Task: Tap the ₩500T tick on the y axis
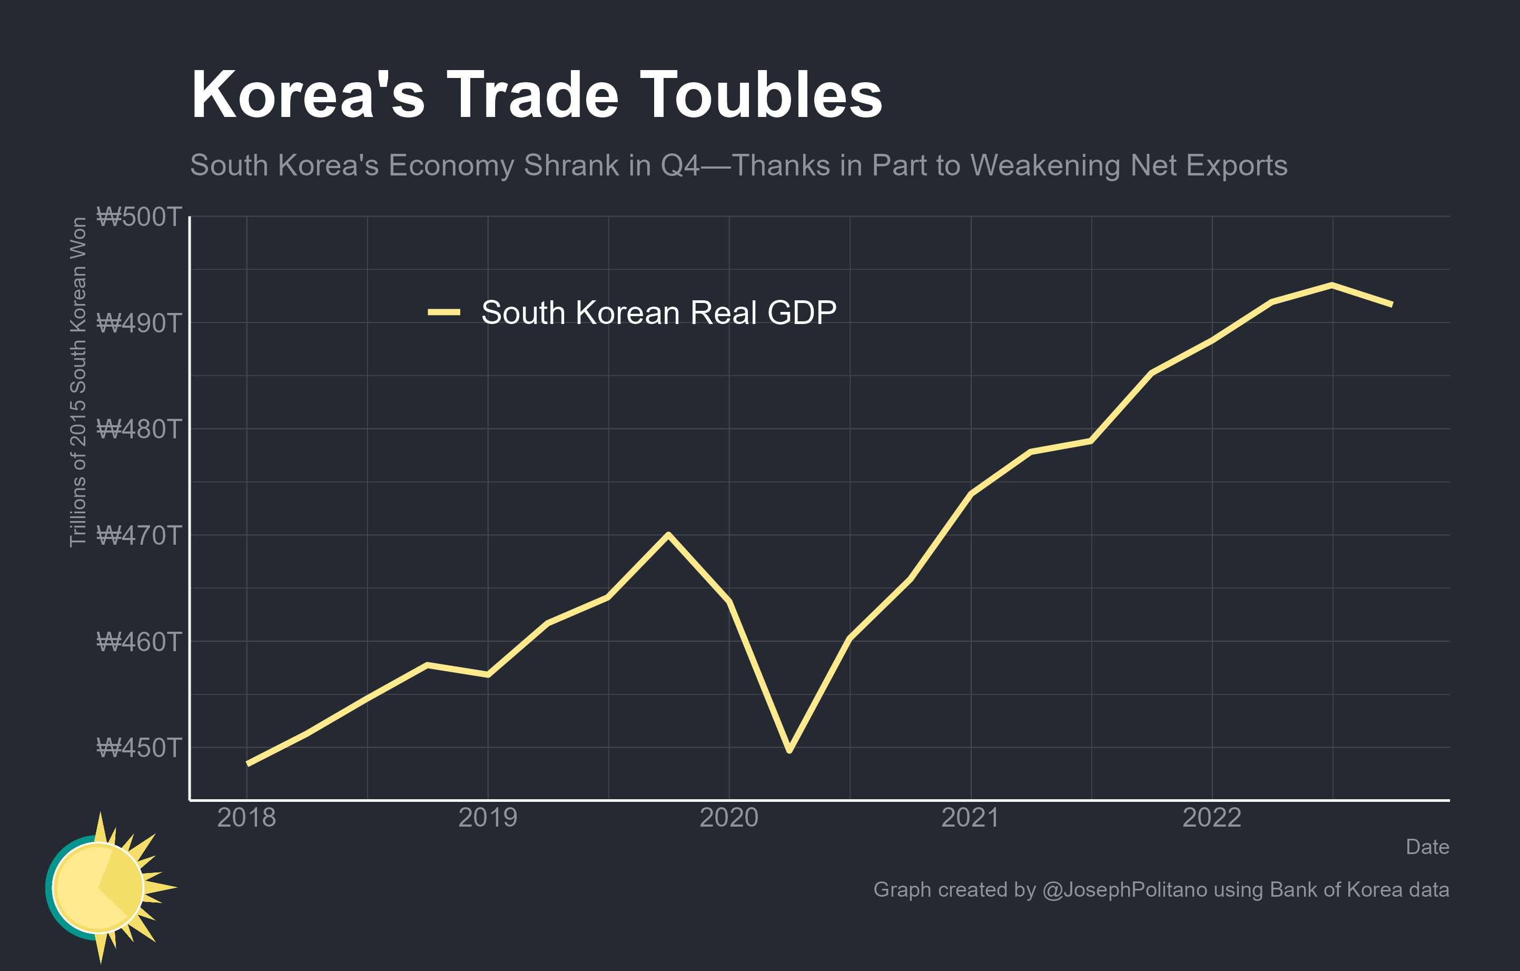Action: pyautogui.click(x=139, y=217)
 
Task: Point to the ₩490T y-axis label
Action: pyautogui.click(x=139, y=323)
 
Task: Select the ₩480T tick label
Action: pyautogui.click(x=139, y=429)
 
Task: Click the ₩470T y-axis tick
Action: pyautogui.click(x=139, y=535)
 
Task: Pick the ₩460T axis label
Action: pyautogui.click(x=139, y=642)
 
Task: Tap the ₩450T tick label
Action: pyautogui.click(x=139, y=748)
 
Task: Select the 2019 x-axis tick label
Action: pyautogui.click(x=487, y=818)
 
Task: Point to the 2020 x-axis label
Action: pyautogui.click(x=728, y=818)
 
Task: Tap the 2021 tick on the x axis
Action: pyautogui.click(x=970, y=818)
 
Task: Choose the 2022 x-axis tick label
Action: pyautogui.click(x=1211, y=818)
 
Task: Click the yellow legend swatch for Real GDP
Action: pyautogui.click(x=444, y=312)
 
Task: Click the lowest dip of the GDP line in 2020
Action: pyautogui.click(x=789, y=750)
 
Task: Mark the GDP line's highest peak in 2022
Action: pyautogui.click(x=1331, y=285)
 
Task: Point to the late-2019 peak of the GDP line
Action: pyautogui.click(x=668, y=535)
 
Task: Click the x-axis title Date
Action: pyautogui.click(x=1427, y=847)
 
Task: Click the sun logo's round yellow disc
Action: pyautogui.click(x=98, y=887)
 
